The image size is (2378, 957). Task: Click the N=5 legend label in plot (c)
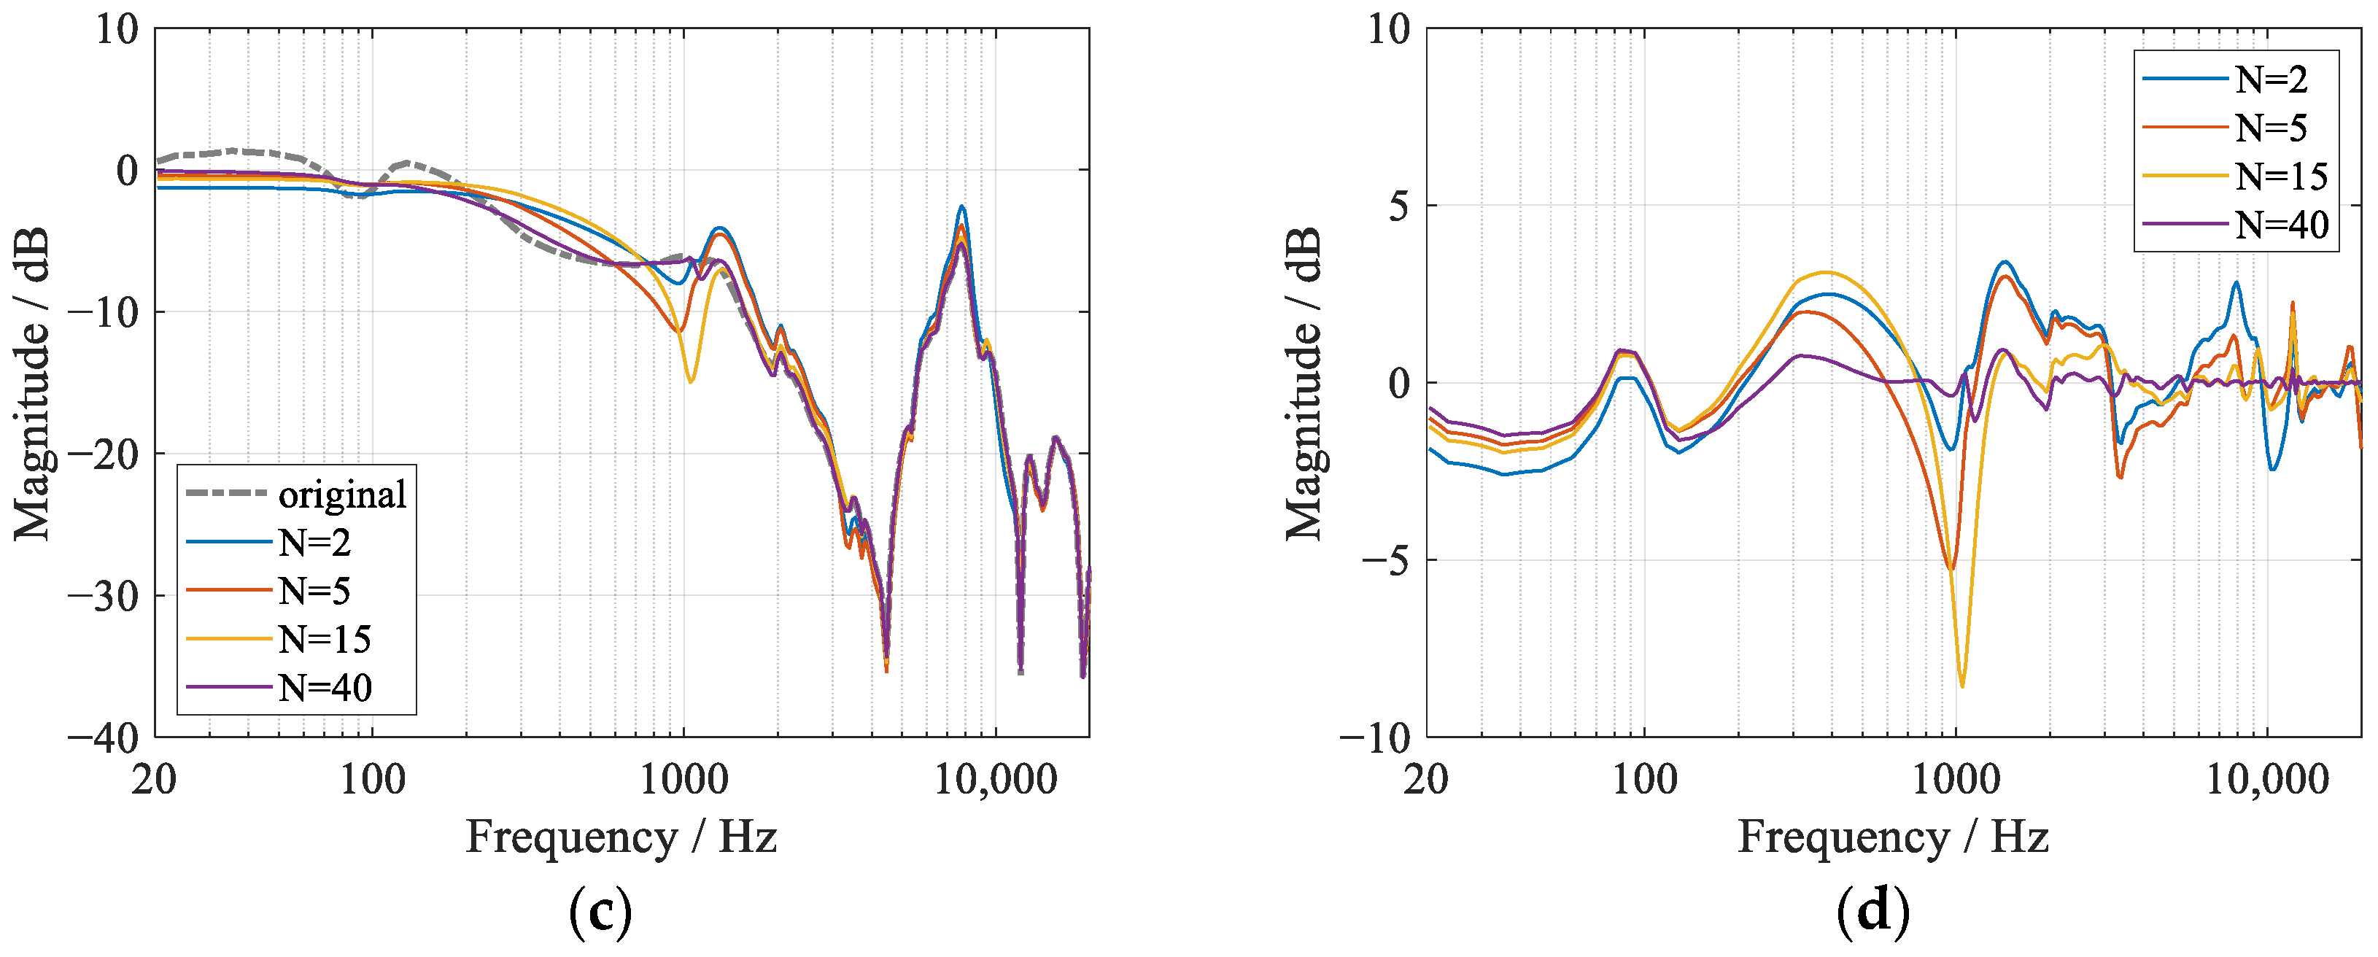tap(314, 592)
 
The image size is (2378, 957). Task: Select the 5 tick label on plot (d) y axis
tap(1398, 206)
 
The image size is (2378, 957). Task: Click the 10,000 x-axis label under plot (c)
tap(995, 780)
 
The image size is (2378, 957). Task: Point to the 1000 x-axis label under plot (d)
tap(1955, 780)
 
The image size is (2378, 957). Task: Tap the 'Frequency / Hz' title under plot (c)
tap(620, 838)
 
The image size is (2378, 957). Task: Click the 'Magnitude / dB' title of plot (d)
tap(1304, 383)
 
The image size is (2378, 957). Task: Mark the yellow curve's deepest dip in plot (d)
tap(1961, 686)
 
